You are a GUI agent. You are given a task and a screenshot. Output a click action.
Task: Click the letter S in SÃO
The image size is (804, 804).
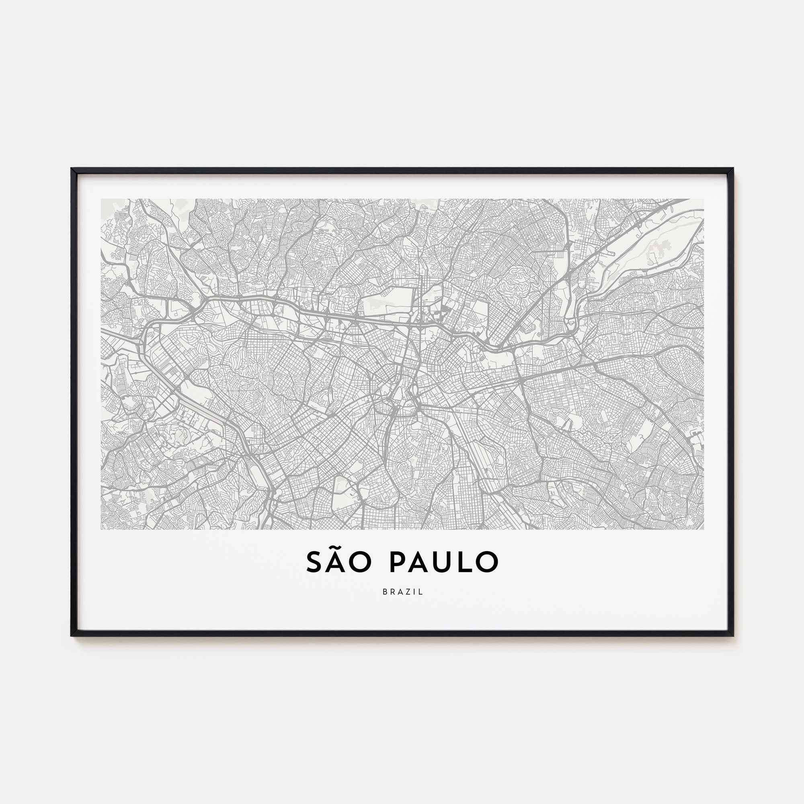pos(315,562)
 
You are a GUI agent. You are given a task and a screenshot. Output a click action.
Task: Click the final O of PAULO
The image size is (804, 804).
pos(487,562)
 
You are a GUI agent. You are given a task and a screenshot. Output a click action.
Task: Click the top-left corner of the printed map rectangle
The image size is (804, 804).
pos(101,199)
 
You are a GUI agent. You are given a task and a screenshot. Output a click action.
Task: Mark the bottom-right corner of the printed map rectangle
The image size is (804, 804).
pos(704,529)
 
